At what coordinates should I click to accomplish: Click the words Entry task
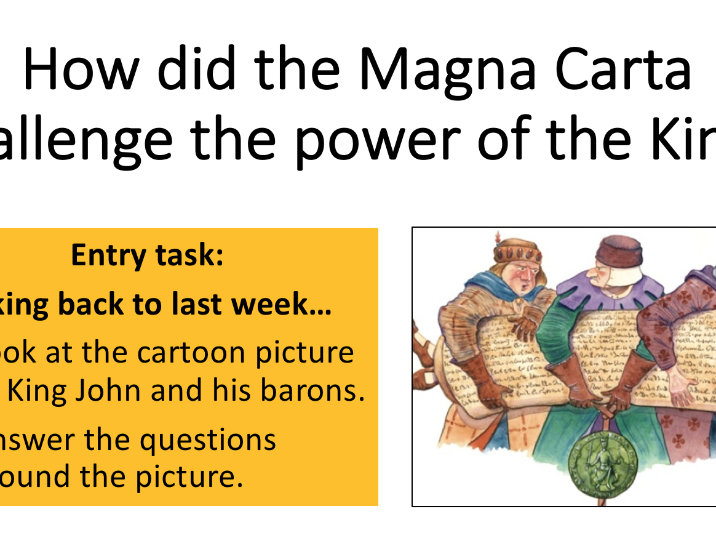pyautogui.click(x=147, y=255)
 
